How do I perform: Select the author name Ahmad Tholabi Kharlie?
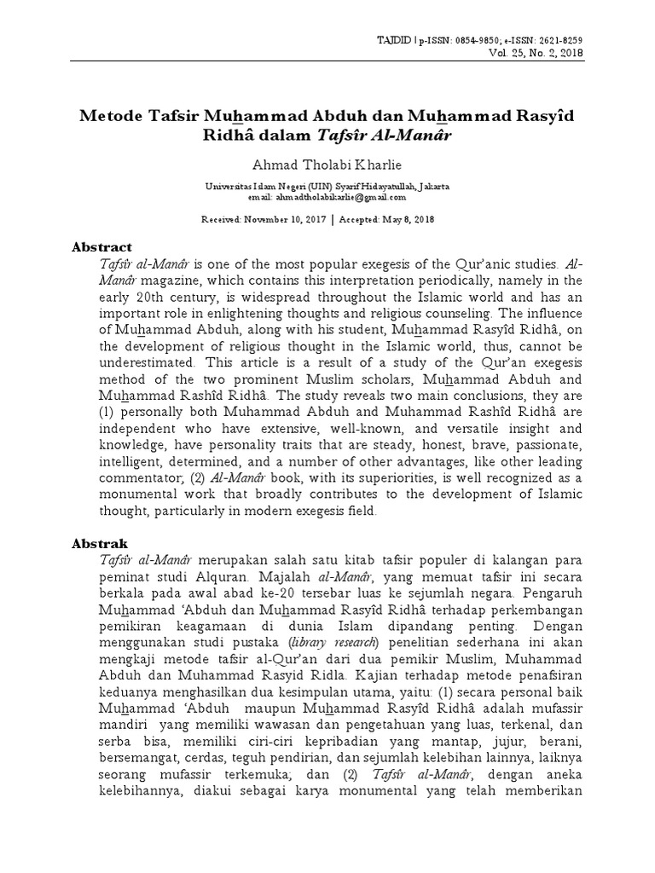tap(327, 163)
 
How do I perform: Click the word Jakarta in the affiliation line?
tap(429, 185)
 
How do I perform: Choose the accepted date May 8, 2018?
tap(405, 219)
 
